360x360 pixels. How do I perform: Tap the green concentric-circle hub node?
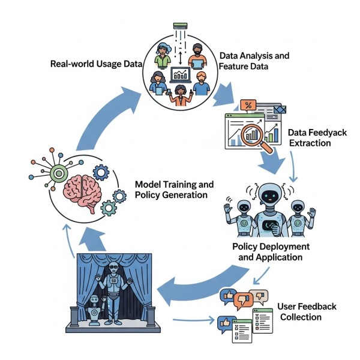58,173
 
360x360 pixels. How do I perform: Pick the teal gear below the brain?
108,208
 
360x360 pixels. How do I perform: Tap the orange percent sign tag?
247,106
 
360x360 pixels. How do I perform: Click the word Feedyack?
331,133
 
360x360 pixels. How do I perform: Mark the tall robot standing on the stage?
114,288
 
